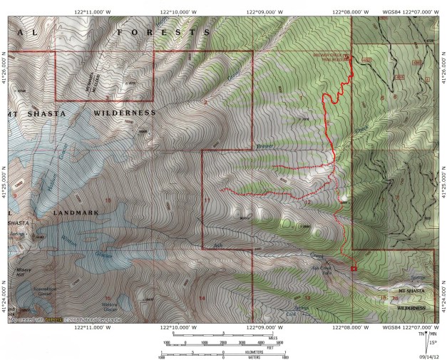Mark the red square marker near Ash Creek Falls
(x=353, y=268)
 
